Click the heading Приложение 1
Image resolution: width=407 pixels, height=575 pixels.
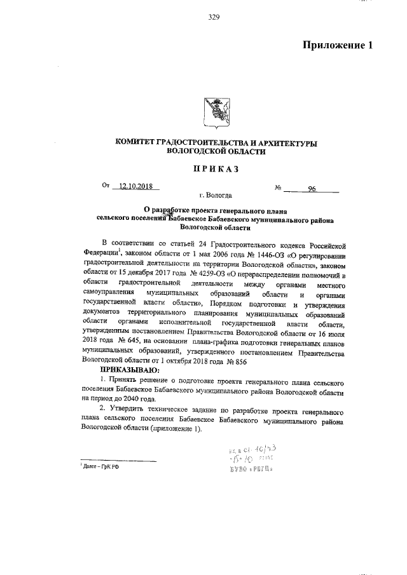336,45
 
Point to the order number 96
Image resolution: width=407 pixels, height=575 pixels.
312,188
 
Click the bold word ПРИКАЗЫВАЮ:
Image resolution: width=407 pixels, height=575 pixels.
129,370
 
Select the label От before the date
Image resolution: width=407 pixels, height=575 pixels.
106,186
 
